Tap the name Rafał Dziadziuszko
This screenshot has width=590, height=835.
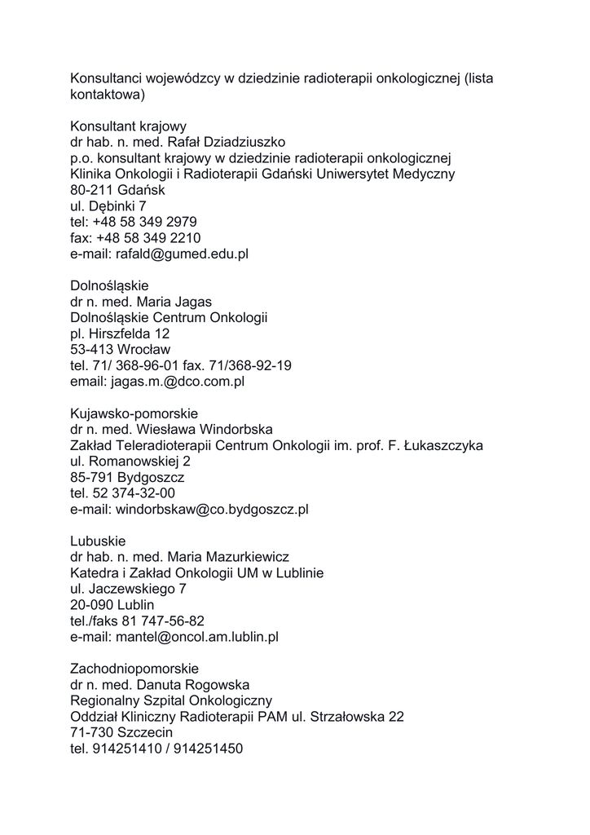[x=226, y=143]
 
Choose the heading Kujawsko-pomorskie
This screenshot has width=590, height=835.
[x=134, y=413]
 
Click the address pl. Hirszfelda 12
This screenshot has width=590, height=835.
[x=120, y=334]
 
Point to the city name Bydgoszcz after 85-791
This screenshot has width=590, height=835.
[x=151, y=477]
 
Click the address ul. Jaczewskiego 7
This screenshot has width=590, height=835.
[x=128, y=589]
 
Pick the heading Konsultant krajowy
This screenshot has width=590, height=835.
[x=128, y=126]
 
